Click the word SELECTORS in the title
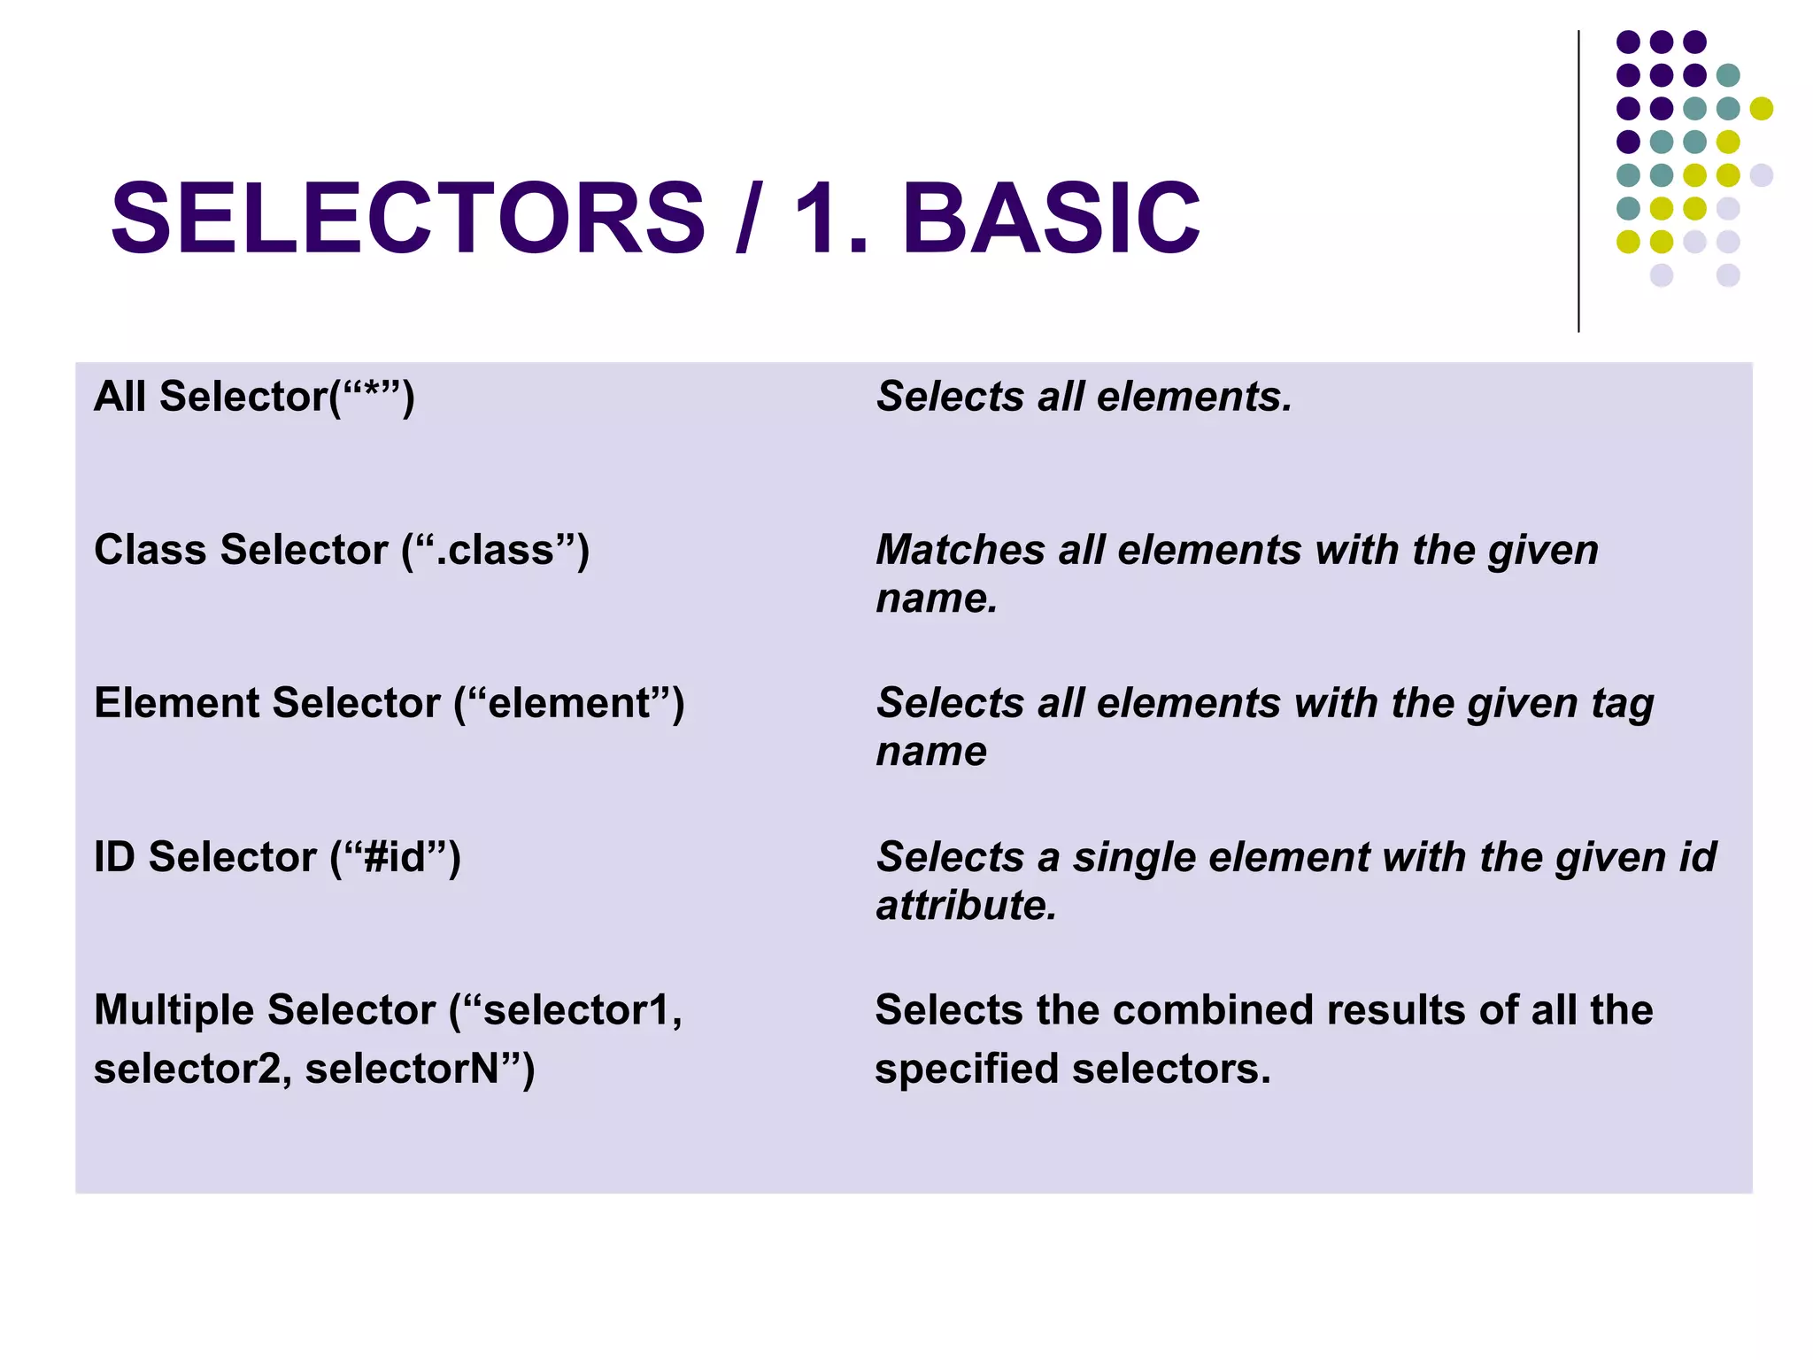[408, 218]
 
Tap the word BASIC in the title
[1051, 218]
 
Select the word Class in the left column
[151, 550]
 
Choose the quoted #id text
[395, 857]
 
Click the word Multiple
[175, 1010]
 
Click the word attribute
[966, 906]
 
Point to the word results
[1396, 1010]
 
